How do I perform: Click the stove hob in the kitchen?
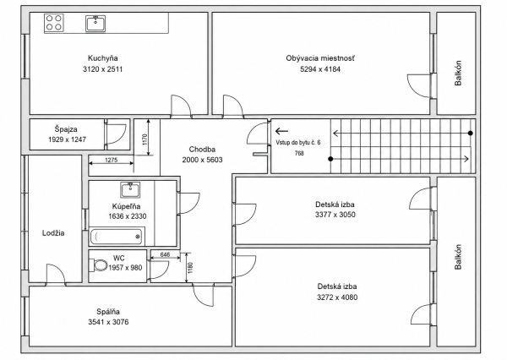coord(54,23)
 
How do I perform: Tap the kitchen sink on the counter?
coord(95,24)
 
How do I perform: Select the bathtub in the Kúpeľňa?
coord(117,237)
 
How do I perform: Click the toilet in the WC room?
coord(100,265)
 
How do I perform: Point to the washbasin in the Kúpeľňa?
coord(130,190)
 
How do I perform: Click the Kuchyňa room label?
coord(103,58)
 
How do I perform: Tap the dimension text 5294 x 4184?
coord(320,69)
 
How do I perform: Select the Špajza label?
coord(66,129)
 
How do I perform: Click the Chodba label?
coord(202,150)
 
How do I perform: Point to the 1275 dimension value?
coord(112,160)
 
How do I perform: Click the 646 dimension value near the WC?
coord(165,254)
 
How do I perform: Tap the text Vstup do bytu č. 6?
coord(298,143)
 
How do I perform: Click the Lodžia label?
coord(53,233)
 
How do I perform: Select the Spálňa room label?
coord(108,312)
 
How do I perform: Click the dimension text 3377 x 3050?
coord(335,215)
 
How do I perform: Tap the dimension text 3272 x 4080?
coord(337,297)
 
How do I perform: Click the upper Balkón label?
coord(458,74)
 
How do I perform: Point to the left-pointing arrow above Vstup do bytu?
coord(281,131)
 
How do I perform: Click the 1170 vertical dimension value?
coord(144,139)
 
